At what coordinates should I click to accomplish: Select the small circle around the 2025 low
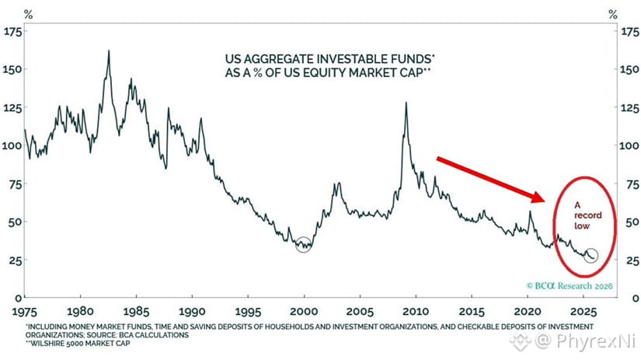click(590, 256)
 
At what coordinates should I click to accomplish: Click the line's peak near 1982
click(109, 51)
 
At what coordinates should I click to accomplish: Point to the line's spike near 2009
click(406, 103)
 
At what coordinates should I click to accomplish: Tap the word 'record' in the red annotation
click(584, 216)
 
